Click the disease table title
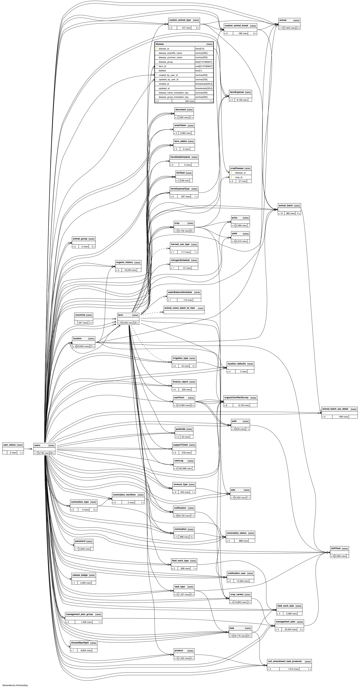(x=160, y=44)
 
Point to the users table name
(x=37, y=445)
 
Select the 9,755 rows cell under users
(x=44, y=453)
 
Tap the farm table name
(x=121, y=315)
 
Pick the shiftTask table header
(x=336, y=548)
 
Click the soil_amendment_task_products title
(x=285, y=661)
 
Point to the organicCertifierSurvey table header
(x=236, y=397)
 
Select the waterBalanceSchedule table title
(x=180, y=292)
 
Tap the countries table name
(x=80, y=315)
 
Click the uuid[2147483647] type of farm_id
(x=204, y=66)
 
